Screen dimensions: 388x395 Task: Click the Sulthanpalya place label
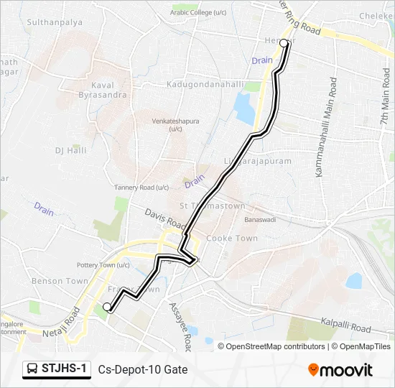55,22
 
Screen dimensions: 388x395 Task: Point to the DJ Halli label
70,150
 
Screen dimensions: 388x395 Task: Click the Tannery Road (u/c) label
141,188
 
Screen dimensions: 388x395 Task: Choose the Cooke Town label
231,238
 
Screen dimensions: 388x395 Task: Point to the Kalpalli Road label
345,325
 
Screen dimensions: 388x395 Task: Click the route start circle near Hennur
284,43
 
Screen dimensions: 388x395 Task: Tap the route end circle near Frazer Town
107,308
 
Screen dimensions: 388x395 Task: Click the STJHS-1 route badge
57,369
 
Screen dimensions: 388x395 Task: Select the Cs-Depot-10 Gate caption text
143,370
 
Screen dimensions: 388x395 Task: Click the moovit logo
340,370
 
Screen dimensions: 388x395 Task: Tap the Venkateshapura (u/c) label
175,125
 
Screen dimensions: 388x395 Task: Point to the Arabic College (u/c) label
199,11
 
